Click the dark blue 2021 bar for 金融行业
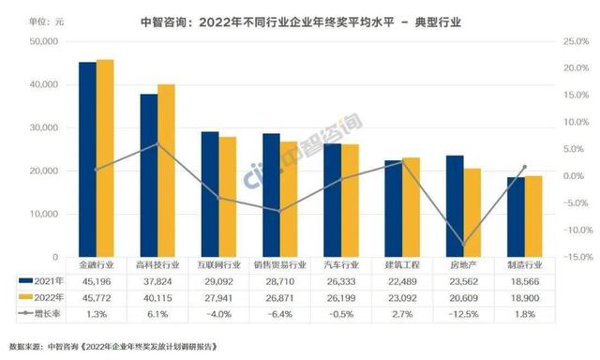click(87, 159)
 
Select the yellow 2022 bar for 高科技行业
click(165, 171)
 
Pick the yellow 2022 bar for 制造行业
click(532, 217)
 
